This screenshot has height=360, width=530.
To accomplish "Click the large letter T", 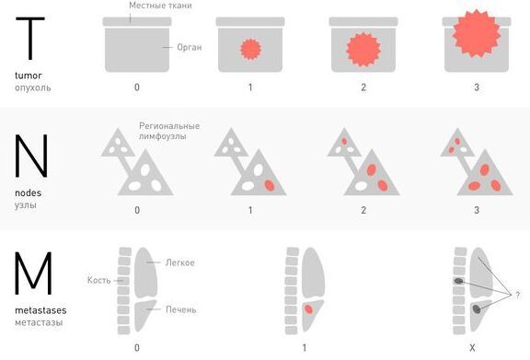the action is (x=30, y=39).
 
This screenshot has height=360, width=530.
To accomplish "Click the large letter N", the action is (x=31, y=156).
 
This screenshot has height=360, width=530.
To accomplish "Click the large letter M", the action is (x=33, y=273).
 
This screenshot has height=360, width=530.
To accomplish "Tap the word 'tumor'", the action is (x=29, y=75).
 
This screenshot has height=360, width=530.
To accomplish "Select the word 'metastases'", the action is (x=40, y=310).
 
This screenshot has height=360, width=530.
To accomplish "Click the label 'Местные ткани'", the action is (x=160, y=6).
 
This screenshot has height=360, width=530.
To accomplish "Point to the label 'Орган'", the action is (x=190, y=47).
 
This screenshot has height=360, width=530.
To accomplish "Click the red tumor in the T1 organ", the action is (x=250, y=50).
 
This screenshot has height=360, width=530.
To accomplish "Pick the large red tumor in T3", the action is (x=477, y=33).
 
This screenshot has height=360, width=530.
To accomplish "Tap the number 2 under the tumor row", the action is (x=363, y=87).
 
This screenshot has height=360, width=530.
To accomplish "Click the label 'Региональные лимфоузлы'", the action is (x=169, y=131).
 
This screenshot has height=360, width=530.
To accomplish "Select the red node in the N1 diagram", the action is (x=270, y=185).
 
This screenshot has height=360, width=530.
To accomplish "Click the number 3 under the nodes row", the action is (x=477, y=210).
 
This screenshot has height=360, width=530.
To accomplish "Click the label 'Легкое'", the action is (x=179, y=262).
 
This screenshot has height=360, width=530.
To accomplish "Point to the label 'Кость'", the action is (x=98, y=280).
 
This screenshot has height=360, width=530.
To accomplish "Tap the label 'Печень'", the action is (x=181, y=309).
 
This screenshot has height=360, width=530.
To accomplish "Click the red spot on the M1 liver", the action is (x=308, y=309).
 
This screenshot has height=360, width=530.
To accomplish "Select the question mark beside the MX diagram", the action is (x=517, y=295).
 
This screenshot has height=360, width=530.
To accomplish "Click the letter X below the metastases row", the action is (x=472, y=347).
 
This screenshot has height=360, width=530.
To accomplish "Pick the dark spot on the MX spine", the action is (x=458, y=281).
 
